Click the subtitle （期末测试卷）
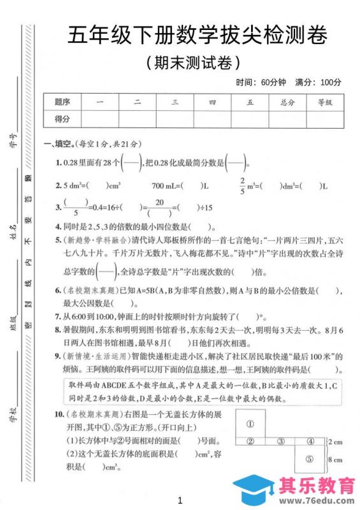coord(193,62)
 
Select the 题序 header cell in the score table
coord(62,102)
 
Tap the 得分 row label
coord(62,119)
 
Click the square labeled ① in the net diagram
coord(250,423)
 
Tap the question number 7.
coord(57,316)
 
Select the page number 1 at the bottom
coord(180,499)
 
